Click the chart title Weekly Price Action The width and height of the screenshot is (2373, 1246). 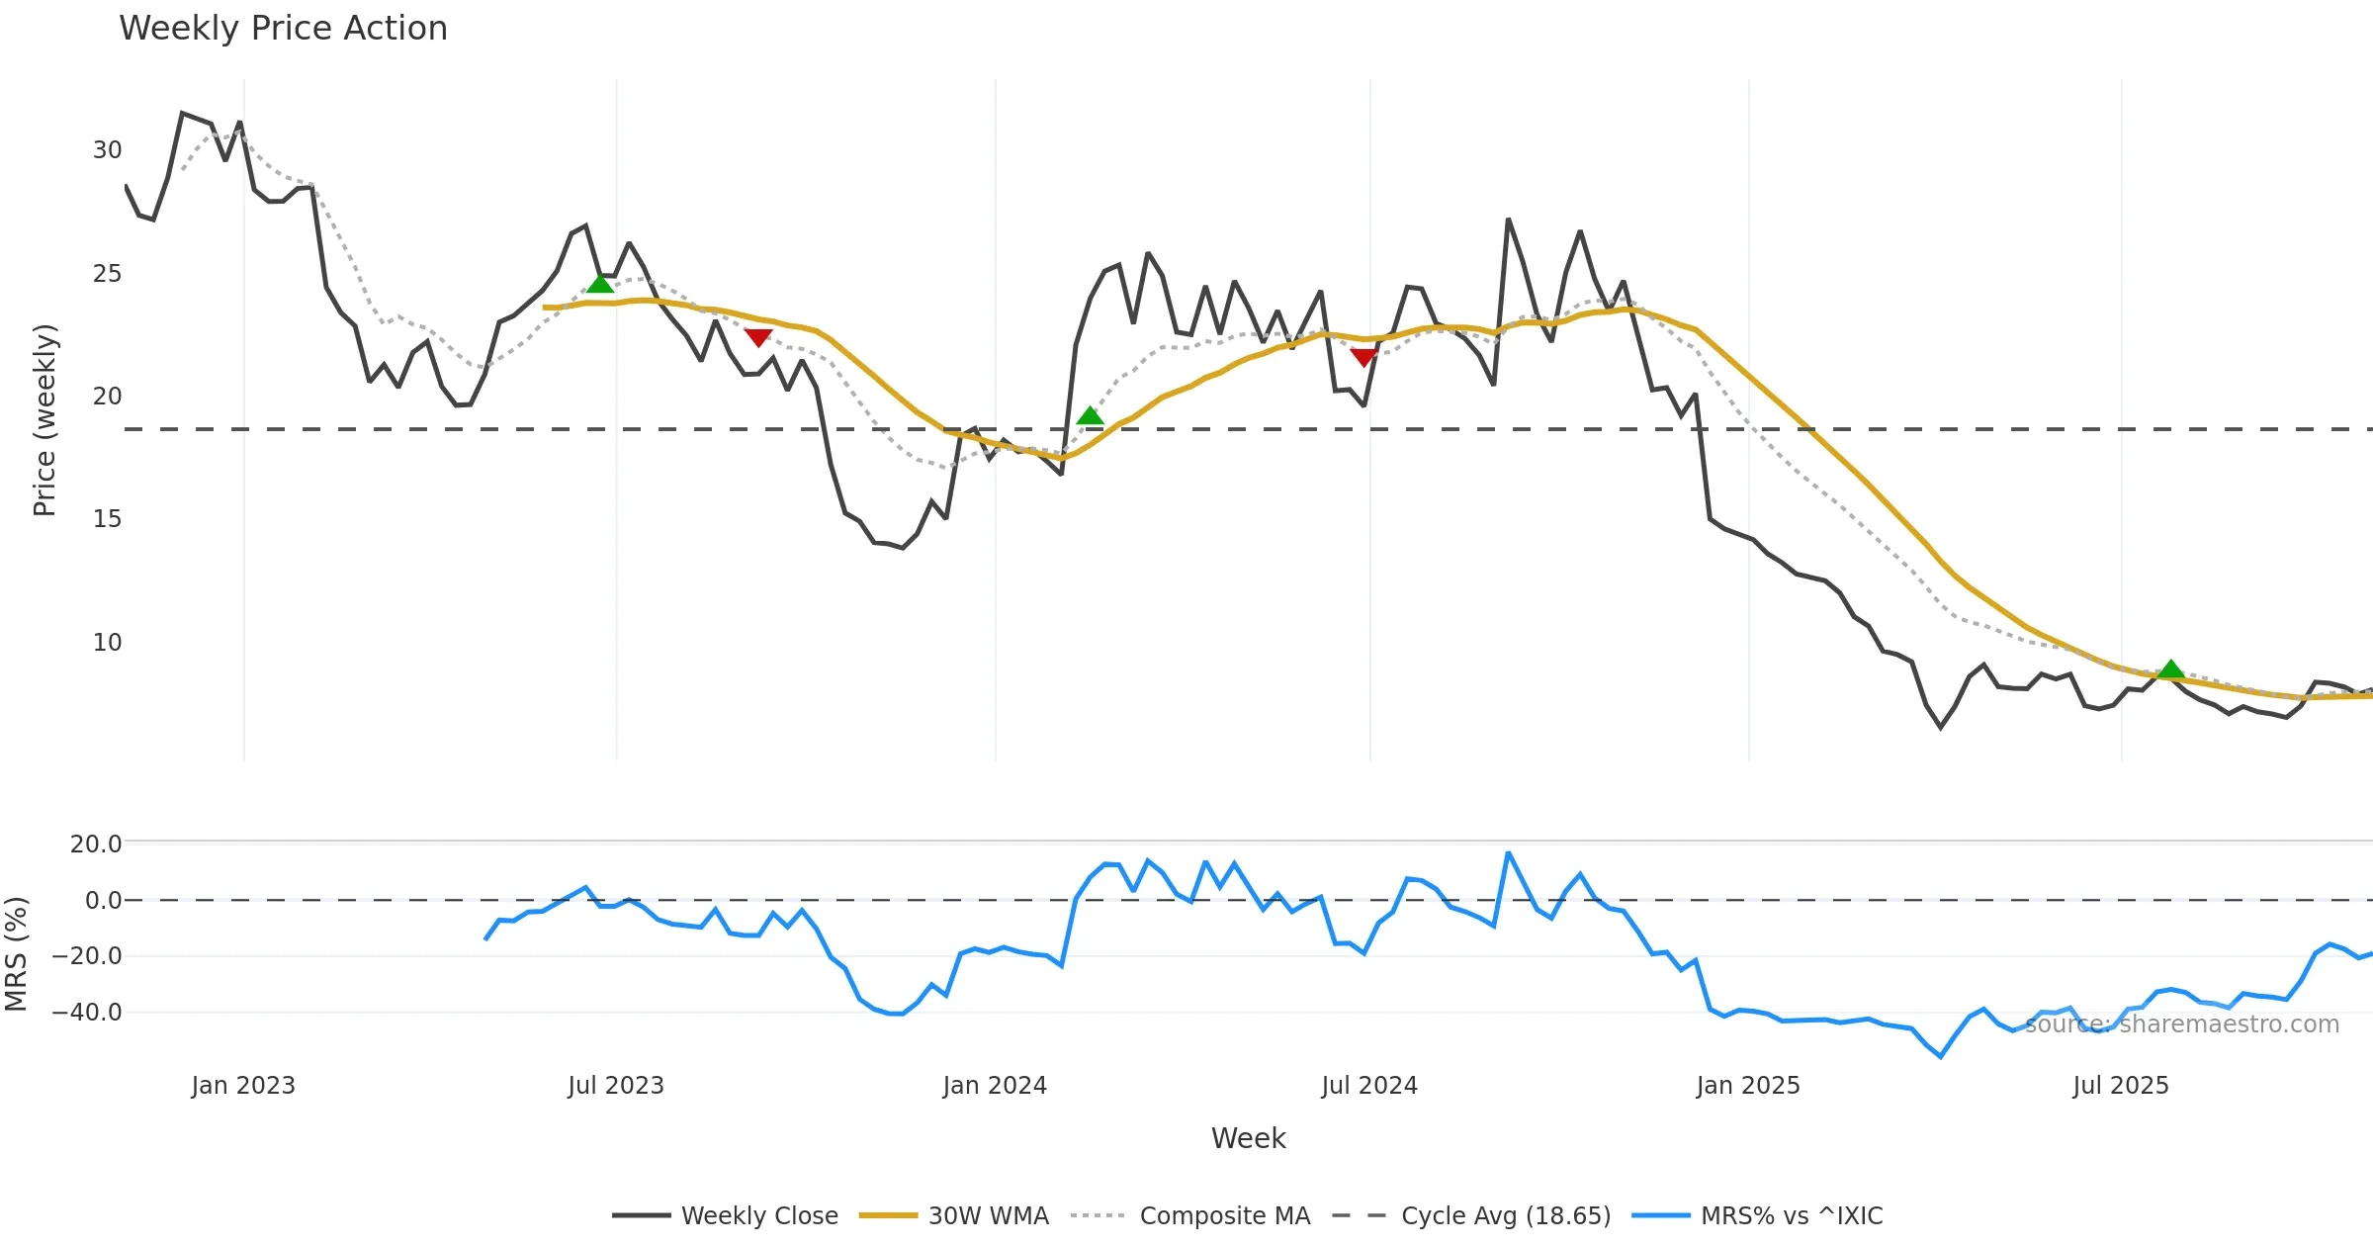point(283,29)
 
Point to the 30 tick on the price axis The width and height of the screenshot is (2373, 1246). point(107,150)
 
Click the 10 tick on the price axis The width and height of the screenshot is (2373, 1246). point(107,643)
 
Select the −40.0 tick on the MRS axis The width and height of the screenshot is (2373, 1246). point(87,1013)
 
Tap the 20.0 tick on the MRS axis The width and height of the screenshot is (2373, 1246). point(95,845)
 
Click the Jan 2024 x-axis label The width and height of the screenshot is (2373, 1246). point(995,1086)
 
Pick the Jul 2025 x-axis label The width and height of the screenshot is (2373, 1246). point(2121,1086)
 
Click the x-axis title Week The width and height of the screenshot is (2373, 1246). point(1248,1139)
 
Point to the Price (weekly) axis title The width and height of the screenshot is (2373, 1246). point(44,420)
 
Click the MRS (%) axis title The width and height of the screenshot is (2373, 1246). point(16,954)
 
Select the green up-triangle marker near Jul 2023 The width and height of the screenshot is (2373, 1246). point(600,285)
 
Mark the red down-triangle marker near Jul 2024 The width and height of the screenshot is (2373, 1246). point(1363,357)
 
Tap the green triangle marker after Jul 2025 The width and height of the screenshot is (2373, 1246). point(2171,669)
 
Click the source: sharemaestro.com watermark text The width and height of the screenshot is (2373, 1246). point(2182,1024)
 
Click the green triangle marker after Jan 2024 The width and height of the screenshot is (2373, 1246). point(1090,416)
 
